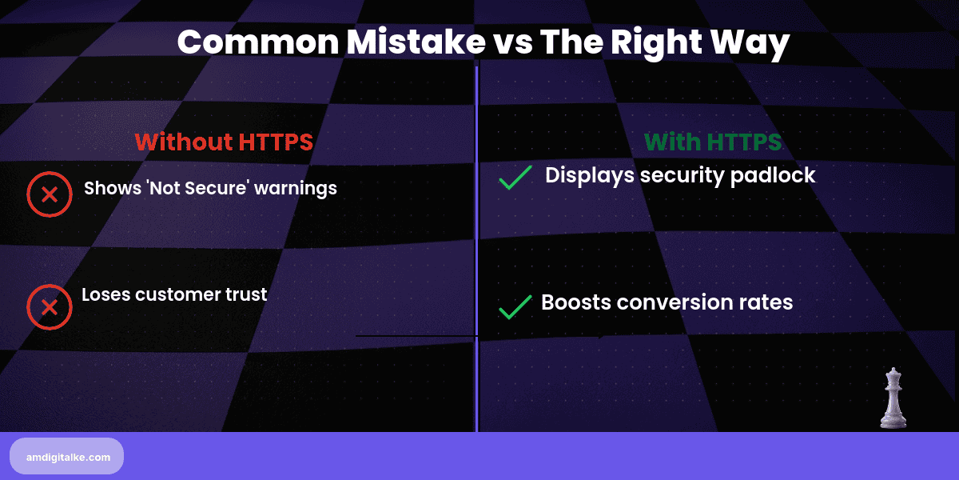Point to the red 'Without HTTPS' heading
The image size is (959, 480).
pos(224,142)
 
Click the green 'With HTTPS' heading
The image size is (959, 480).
pos(713,142)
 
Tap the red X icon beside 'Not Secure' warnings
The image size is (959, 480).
pos(50,194)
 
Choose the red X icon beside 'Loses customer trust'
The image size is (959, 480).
pos(50,307)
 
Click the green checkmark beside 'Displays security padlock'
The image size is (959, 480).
pos(515,178)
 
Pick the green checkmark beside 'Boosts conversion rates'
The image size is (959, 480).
pos(515,306)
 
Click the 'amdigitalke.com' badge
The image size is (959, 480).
pos(66,456)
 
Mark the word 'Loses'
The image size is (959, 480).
pos(105,294)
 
